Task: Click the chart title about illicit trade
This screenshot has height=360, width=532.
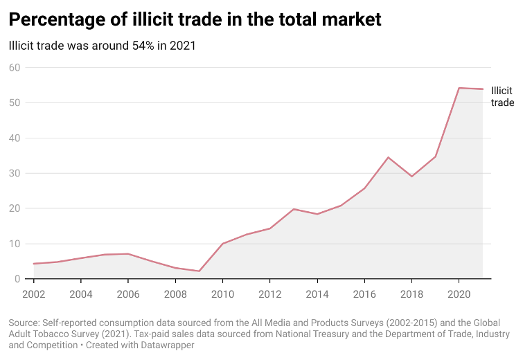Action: [x=195, y=19]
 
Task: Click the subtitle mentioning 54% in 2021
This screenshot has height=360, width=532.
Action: [x=102, y=46]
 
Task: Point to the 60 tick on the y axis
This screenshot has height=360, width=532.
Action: [x=15, y=67]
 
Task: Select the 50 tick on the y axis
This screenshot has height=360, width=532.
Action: [x=15, y=102]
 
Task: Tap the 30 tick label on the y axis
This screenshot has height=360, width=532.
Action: [x=15, y=173]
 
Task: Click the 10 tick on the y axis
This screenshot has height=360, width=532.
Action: [x=15, y=244]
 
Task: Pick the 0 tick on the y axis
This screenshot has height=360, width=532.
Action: [x=18, y=279]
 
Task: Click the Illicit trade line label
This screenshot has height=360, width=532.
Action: [x=502, y=96]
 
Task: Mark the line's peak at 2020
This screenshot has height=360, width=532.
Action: [x=459, y=88]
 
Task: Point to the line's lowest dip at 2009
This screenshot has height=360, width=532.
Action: [x=199, y=271]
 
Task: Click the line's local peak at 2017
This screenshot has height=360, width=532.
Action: [x=388, y=157]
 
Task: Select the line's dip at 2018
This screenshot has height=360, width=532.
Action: [x=411, y=177]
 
